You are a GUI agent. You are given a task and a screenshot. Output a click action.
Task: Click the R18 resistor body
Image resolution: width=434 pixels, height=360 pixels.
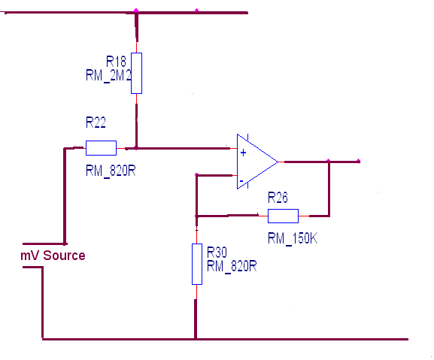click(136, 73)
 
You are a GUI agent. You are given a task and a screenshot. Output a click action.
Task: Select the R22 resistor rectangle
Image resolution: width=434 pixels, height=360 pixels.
click(101, 148)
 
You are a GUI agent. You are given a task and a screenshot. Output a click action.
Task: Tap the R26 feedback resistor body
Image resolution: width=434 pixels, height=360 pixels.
click(283, 216)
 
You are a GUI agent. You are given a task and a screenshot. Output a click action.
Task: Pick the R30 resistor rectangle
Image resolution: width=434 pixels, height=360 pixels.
click(197, 264)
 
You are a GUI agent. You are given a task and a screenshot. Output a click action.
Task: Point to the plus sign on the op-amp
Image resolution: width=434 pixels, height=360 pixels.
click(243, 153)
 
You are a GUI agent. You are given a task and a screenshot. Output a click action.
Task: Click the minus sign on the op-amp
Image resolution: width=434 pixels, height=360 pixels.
click(241, 181)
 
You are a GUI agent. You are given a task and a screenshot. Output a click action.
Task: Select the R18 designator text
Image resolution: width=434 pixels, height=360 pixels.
click(116, 62)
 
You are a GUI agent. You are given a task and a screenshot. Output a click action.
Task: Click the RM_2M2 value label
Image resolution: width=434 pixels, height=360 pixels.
click(108, 75)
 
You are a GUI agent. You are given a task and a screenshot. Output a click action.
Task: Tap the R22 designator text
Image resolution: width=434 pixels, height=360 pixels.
click(96, 123)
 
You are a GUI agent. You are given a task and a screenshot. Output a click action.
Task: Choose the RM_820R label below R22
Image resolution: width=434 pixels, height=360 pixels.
click(111, 171)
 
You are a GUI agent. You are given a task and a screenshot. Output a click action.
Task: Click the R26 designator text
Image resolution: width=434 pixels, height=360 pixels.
click(278, 198)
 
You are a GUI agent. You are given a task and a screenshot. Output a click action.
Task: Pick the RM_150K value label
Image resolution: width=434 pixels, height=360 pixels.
click(293, 238)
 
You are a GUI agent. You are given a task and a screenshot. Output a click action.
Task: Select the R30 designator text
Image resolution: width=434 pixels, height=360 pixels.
click(217, 253)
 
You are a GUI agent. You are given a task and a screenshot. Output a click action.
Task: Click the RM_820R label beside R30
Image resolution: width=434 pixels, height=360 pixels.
click(232, 266)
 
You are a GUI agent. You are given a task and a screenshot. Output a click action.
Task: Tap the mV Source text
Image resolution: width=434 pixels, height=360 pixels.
click(53, 256)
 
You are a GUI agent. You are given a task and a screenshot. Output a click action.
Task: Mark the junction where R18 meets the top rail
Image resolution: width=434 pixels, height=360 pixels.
click(136, 11)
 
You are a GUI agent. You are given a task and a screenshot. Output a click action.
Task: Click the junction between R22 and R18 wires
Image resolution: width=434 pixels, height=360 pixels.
click(136, 148)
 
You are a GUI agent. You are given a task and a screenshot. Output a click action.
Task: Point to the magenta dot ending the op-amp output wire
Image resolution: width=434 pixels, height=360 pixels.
click(359, 161)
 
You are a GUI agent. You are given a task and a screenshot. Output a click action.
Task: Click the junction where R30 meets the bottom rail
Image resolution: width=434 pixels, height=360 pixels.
click(196, 339)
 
